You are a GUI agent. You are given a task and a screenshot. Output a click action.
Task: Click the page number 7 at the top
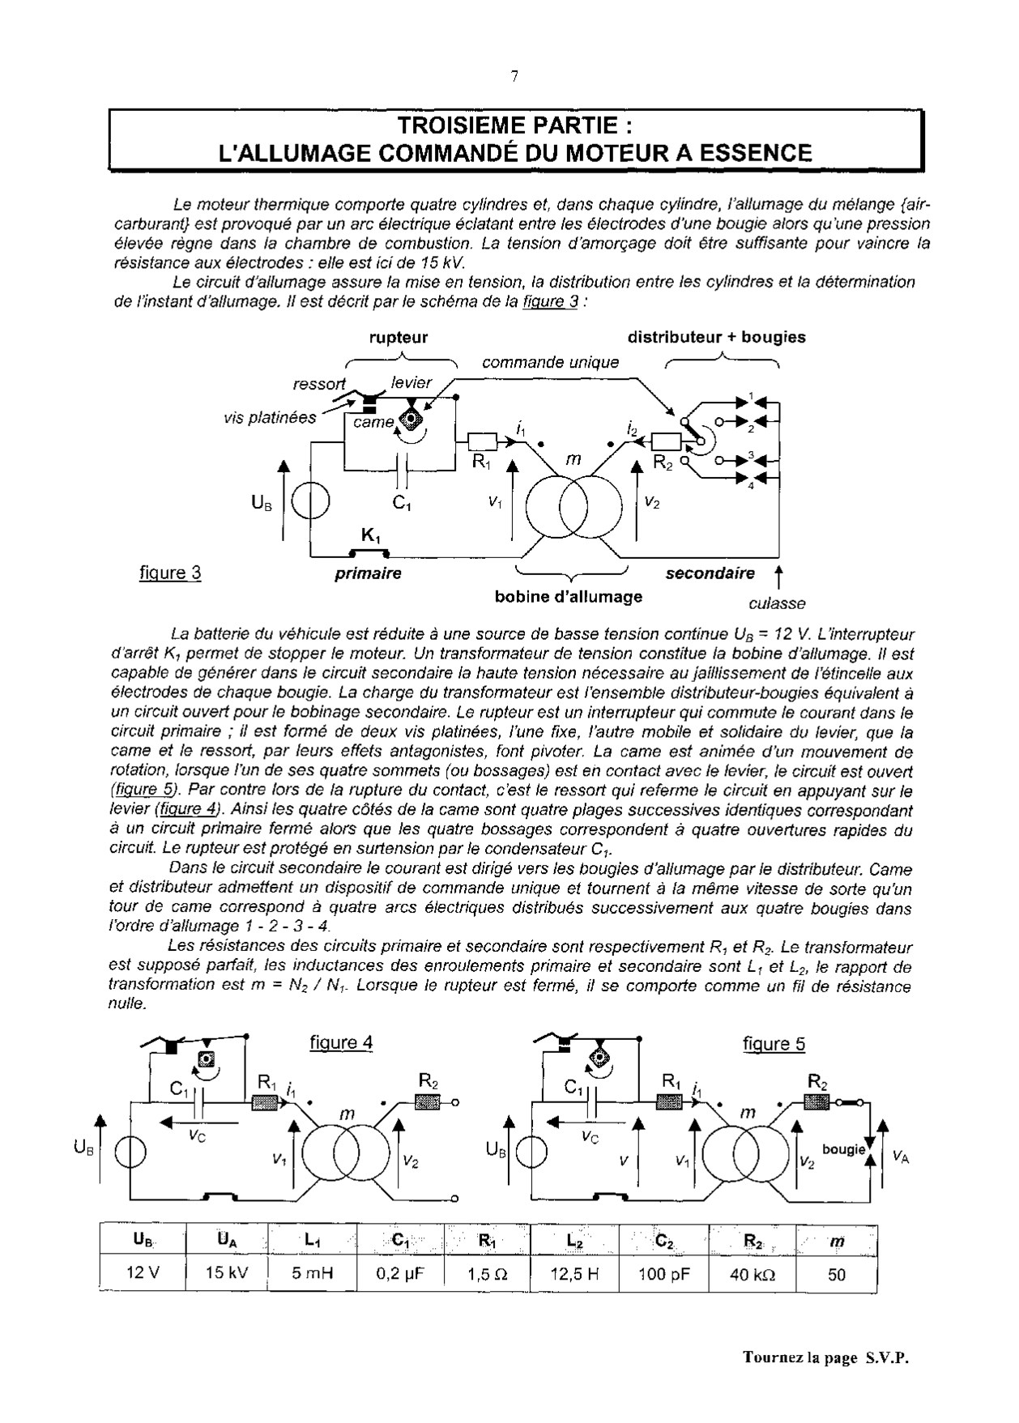514,77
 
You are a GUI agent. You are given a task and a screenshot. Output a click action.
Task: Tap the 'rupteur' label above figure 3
398,338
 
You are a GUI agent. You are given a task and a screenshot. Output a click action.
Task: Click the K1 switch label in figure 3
371,535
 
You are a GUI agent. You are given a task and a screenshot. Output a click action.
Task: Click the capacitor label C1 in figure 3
402,503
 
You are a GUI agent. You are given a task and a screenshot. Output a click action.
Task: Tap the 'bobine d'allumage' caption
568,597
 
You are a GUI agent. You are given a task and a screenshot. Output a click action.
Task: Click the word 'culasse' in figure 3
777,603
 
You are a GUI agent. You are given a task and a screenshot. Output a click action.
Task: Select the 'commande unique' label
550,362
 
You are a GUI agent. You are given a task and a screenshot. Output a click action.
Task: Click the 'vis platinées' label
270,418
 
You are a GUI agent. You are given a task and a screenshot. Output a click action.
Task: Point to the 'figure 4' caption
341,1042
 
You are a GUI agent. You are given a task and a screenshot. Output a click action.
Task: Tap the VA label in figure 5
900,1157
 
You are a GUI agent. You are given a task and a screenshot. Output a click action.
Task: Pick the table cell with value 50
837,1274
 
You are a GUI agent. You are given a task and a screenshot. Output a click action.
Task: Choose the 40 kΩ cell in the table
752,1274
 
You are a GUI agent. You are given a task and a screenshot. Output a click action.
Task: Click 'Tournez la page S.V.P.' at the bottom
825,1358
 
